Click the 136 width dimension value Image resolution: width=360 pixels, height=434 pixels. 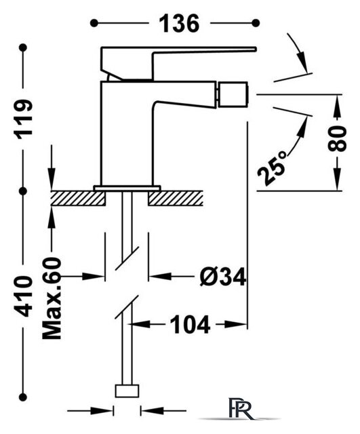click(179, 24)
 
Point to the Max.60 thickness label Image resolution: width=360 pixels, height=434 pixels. click(52, 298)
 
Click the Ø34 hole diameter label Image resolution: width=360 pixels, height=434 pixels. click(223, 277)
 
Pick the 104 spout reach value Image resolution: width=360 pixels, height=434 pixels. click(190, 324)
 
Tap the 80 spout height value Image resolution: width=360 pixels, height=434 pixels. click(337, 138)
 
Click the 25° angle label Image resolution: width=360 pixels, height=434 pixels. click(272, 168)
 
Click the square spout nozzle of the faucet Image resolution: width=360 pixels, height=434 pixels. click(233, 94)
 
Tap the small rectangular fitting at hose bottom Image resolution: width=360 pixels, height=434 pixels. click(127, 391)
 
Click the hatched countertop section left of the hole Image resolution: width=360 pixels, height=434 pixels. click(78, 198)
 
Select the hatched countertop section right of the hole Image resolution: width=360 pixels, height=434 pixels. click(176, 198)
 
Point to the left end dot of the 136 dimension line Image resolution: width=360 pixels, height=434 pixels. click(94, 23)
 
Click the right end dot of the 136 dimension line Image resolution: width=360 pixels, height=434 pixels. click(256, 23)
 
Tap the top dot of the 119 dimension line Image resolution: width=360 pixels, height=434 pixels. click(23, 48)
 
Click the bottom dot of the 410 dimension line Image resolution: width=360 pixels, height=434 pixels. click(23, 397)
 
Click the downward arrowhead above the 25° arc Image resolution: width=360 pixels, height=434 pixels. click(302, 62)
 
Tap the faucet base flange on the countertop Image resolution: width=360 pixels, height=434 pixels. click(127, 188)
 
